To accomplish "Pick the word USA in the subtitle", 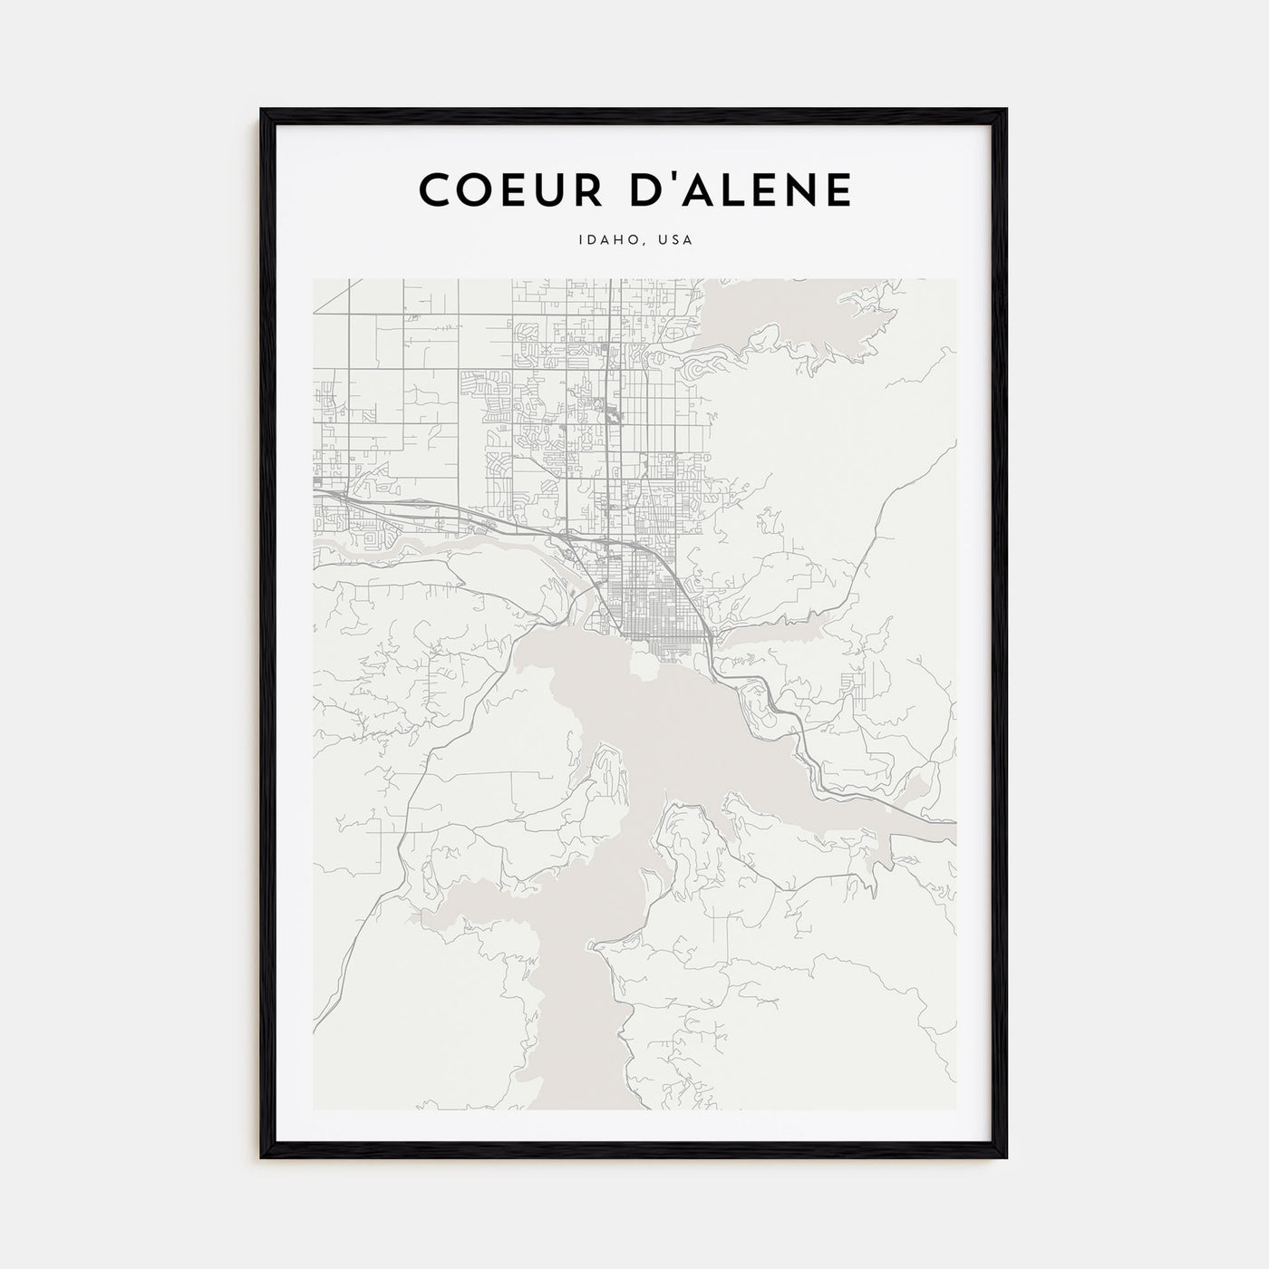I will click(x=674, y=241).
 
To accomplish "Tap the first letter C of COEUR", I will click(x=434, y=189).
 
